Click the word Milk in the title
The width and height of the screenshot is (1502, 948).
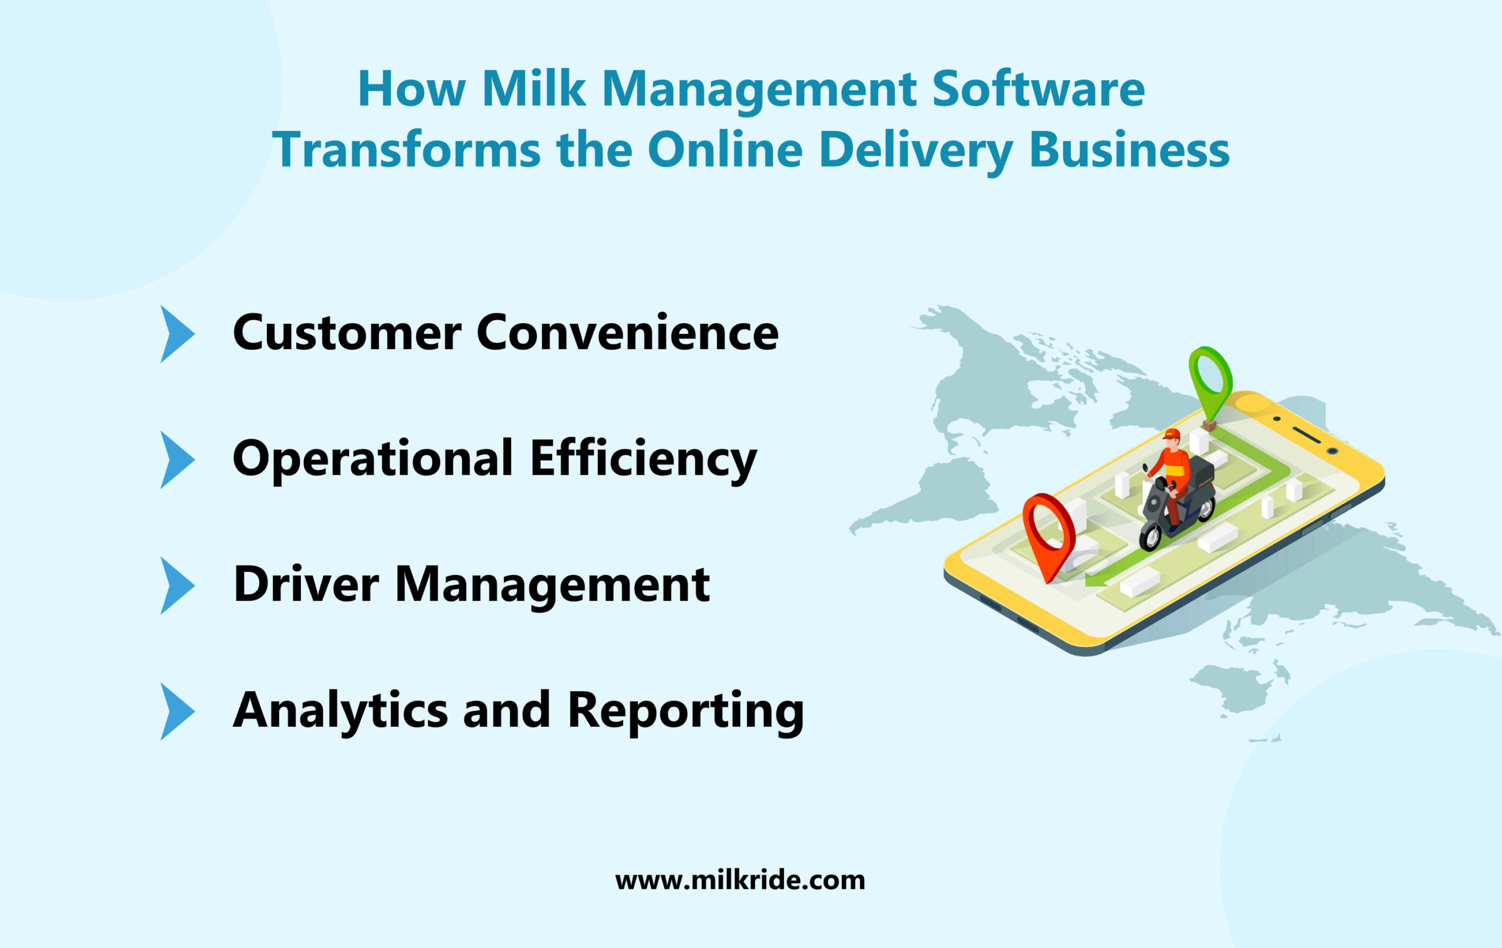pos(533,89)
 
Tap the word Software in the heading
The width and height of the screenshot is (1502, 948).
pos(1038,89)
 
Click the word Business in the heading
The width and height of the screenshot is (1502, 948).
pos(1129,150)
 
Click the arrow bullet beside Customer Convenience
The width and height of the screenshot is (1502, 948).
pos(177,334)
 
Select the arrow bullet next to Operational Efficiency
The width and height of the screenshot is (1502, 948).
pos(177,460)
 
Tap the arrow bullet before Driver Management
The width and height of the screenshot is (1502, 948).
pos(177,585)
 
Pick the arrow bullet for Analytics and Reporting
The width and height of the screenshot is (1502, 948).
pos(177,712)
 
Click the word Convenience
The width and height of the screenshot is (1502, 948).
pos(627,333)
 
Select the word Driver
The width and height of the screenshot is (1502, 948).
pos(306,585)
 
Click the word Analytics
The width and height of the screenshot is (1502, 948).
pos(340,711)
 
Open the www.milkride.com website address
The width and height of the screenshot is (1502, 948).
pos(740,880)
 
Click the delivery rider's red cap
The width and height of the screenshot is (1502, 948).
pos(1172,434)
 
